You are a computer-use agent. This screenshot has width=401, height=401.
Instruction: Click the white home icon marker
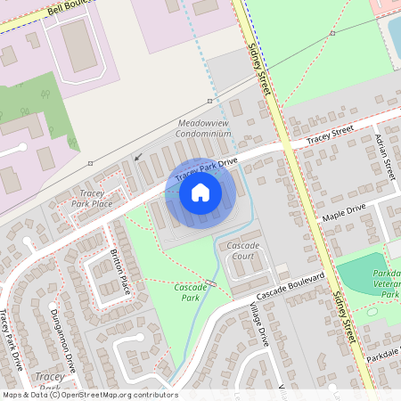coord(200,192)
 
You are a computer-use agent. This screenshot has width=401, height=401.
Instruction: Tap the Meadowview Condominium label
coord(204,127)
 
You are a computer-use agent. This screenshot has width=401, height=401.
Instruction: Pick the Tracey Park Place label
coord(90,198)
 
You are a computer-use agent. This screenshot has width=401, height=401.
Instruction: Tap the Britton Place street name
coord(120,272)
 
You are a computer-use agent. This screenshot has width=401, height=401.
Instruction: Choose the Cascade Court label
coord(242,250)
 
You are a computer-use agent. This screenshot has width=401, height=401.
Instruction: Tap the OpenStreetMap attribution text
coord(89,395)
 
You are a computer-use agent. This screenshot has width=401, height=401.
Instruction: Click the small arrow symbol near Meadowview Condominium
coord(137,158)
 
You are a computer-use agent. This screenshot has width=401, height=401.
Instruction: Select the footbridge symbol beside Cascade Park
coord(210,283)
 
